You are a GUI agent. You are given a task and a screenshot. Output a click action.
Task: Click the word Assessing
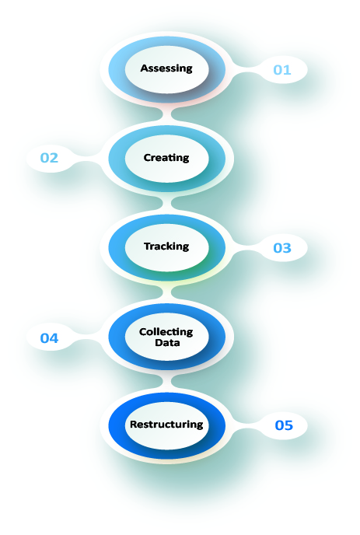click(x=166, y=68)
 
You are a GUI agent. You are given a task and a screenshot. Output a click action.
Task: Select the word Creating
click(x=166, y=158)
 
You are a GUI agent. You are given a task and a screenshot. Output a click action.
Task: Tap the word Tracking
click(x=166, y=247)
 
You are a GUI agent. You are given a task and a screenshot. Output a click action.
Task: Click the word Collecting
click(x=166, y=332)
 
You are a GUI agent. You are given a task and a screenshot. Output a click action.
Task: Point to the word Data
click(x=167, y=343)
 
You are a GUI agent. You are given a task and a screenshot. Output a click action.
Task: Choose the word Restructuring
click(x=166, y=425)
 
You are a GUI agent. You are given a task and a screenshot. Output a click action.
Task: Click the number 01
click(x=282, y=70)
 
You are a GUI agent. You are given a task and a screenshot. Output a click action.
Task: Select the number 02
click(x=49, y=158)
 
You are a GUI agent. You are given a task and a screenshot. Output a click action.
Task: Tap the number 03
click(x=282, y=248)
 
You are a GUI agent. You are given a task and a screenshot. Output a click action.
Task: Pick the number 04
click(x=49, y=338)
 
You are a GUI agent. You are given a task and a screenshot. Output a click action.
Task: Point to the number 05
click(x=284, y=425)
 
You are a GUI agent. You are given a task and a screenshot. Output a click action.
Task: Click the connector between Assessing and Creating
click(x=167, y=114)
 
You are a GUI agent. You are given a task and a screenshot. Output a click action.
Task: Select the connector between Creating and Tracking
click(x=167, y=204)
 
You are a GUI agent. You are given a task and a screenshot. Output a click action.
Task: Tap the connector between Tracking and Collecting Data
click(x=167, y=292)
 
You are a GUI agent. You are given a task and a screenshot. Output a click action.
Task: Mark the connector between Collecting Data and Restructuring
click(x=167, y=381)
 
